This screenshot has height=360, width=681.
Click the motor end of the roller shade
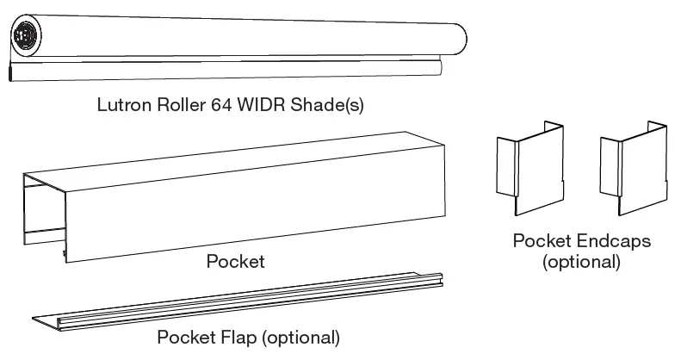point(26,37)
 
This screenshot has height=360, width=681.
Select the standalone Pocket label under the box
point(234,261)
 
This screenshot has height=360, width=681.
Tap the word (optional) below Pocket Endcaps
point(581,262)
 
